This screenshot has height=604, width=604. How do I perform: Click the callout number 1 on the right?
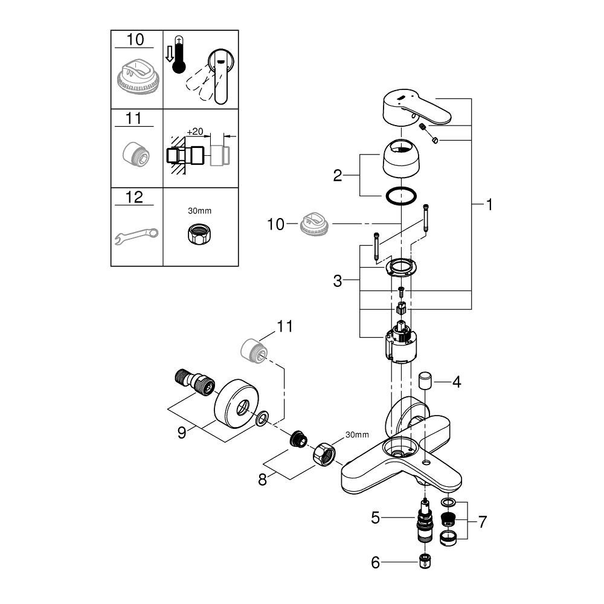[x=489, y=205]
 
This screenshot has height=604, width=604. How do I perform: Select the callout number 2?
[x=338, y=176]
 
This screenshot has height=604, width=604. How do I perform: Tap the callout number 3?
[x=338, y=281]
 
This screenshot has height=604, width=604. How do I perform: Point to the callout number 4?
[x=457, y=382]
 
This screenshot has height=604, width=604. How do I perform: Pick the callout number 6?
[x=375, y=562]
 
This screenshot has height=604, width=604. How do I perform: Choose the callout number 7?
[x=481, y=522]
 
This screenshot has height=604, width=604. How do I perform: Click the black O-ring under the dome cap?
[x=400, y=196]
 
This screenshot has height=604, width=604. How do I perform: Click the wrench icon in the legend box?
[x=136, y=236]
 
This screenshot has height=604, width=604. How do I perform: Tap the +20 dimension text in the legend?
[x=194, y=131]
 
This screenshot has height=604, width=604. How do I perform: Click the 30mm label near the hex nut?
[x=356, y=435]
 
